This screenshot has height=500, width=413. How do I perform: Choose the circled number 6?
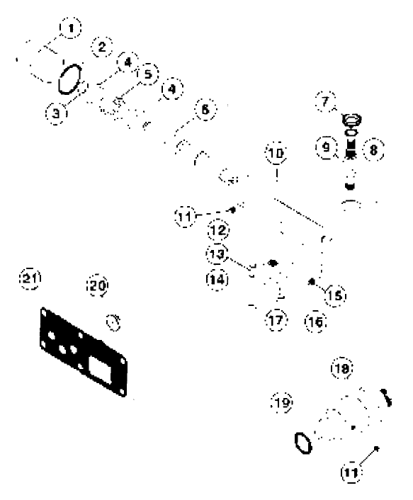click(204, 111)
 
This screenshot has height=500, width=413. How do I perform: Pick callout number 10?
click(275, 154)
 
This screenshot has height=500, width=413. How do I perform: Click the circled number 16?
click(314, 321)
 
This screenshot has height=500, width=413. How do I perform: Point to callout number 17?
click(276, 321)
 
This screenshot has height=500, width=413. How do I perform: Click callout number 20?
click(97, 285)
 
